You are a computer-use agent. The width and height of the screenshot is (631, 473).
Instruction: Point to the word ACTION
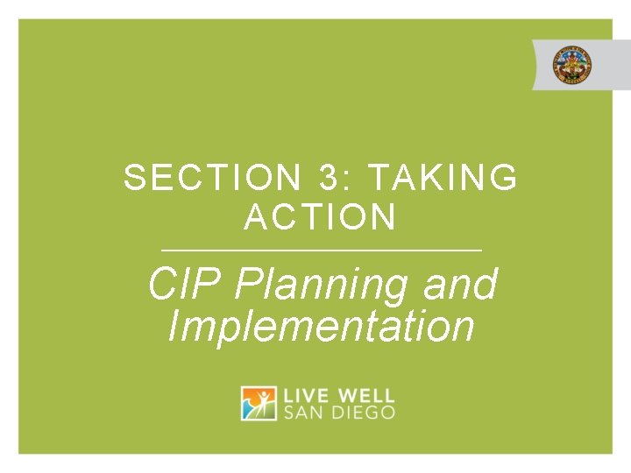click(x=321, y=217)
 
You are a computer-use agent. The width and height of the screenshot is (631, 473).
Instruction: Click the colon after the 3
click(x=349, y=180)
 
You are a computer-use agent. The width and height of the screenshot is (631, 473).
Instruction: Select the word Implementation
click(x=321, y=326)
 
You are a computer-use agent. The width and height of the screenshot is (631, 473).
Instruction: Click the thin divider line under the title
click(x=321, y=251)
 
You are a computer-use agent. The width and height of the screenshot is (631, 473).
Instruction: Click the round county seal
click(x=571, y=66)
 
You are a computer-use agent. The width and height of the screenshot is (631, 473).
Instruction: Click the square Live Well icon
click(x=259, y=403)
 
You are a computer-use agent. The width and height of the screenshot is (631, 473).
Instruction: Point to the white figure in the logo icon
click(x=260, y=402)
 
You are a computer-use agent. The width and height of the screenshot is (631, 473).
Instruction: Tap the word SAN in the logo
click(x=302, y=412)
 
